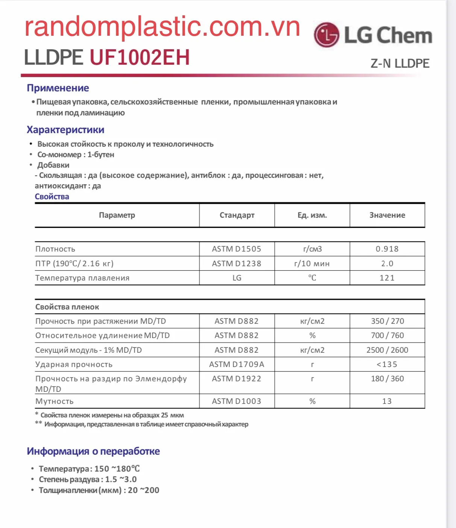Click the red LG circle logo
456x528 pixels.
coord(327,35)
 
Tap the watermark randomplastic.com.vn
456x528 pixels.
coord(162,27)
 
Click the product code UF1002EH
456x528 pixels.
coord(140,58)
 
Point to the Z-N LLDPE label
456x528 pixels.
coord(400,63)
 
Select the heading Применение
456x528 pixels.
coord(58,88)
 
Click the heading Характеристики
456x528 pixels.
coord(65,130)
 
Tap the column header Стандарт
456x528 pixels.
coord(237,215)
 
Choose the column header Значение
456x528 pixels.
coord(387,215)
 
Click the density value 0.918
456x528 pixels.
coord(387,249)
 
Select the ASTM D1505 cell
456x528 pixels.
coord(237,249)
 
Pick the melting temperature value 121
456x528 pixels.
coord(387,278)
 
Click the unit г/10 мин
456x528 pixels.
coord(312,264)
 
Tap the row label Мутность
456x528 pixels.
coord(55,401)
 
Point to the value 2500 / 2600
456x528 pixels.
coord(387,350)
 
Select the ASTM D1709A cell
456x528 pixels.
coord(237,364)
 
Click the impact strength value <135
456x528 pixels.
coord(387,364)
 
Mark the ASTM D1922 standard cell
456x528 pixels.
coord(237,379)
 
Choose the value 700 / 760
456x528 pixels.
coord(387,335)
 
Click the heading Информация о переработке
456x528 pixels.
coord(93,451)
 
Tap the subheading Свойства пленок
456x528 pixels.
coord(67,307)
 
